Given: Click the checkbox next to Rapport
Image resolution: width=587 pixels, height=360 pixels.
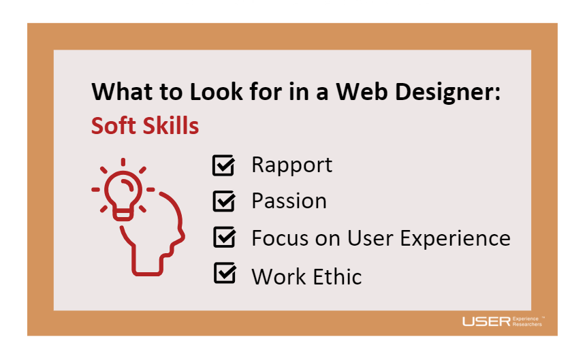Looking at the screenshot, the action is coord(223,165).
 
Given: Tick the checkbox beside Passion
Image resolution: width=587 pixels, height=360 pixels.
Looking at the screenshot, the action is coord(224,201).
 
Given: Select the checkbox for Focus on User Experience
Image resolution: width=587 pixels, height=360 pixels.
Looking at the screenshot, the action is coord(224,237).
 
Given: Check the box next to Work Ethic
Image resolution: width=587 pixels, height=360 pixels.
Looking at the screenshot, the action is coord(225,273).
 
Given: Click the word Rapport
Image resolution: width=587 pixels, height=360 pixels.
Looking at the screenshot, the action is coord(291,165).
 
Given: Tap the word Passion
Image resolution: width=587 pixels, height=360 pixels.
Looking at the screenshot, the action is coord(289,201).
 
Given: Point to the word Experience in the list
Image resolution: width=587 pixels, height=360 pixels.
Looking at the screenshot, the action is coord(455,239).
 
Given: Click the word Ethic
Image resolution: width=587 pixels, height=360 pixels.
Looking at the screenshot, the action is coord(337,276).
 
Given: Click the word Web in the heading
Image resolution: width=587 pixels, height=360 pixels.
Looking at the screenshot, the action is coord(362,92).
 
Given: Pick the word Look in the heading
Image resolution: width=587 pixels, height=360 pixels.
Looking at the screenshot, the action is coord(217,92).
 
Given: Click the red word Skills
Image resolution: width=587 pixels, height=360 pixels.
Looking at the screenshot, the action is coord(171,125).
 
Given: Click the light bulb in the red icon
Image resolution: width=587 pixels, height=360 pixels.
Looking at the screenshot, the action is coord(123,195).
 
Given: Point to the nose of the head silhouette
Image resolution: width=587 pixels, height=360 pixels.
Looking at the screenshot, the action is coord(182,237).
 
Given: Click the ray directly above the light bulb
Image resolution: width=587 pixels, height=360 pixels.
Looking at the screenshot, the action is coord(123,162).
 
